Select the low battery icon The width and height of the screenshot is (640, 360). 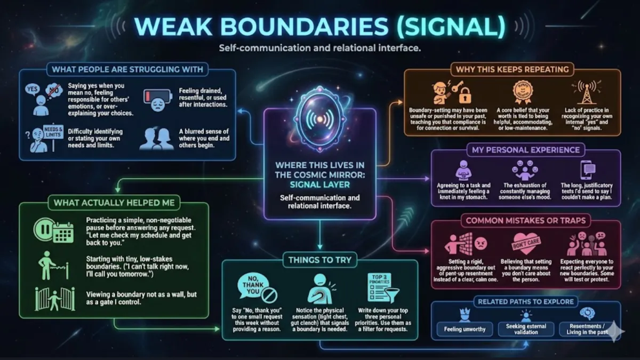[158, 96]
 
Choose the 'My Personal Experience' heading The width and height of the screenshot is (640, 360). [525, 150]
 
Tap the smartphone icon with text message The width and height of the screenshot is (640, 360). [587, 170]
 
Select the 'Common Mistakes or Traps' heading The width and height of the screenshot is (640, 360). [526, 220]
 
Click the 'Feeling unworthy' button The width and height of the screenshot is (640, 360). [465, 329]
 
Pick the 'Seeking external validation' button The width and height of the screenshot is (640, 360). [526, 329]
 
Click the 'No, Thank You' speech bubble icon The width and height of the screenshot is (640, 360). [254, 287]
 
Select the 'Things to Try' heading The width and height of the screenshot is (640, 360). [319, 260]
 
